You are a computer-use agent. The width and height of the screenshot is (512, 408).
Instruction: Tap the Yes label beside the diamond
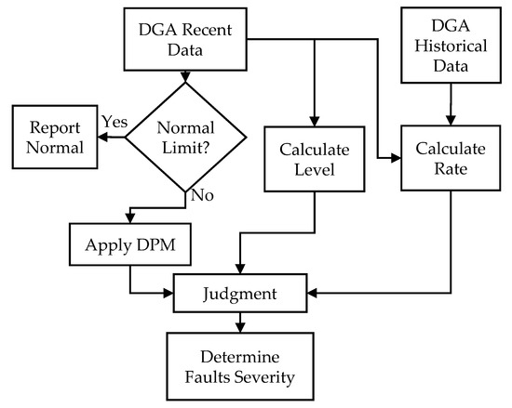[114, 123]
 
